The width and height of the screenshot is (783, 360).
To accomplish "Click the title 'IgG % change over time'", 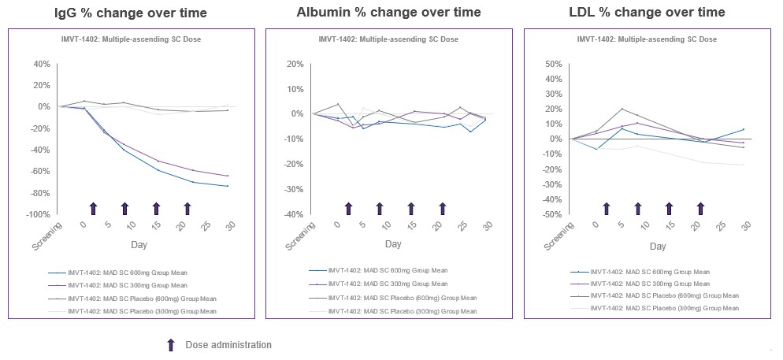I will point(131,13).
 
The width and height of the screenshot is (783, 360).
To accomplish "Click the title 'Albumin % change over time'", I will point(388,13).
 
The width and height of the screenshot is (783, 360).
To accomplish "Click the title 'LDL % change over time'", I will point(647,13).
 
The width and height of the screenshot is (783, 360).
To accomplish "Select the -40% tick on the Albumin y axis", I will point(293,214).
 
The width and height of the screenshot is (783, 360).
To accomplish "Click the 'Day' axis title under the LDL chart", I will point(658,246).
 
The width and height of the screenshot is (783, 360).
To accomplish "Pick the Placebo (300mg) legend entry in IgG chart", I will point(142,311).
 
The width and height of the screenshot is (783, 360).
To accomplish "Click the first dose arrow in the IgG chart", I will point(93,208).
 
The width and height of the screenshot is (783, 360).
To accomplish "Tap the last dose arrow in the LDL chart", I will point(701,208).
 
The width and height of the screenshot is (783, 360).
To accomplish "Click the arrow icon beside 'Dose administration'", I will point(170,345).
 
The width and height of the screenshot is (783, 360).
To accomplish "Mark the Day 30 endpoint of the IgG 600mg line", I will point(228,186).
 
